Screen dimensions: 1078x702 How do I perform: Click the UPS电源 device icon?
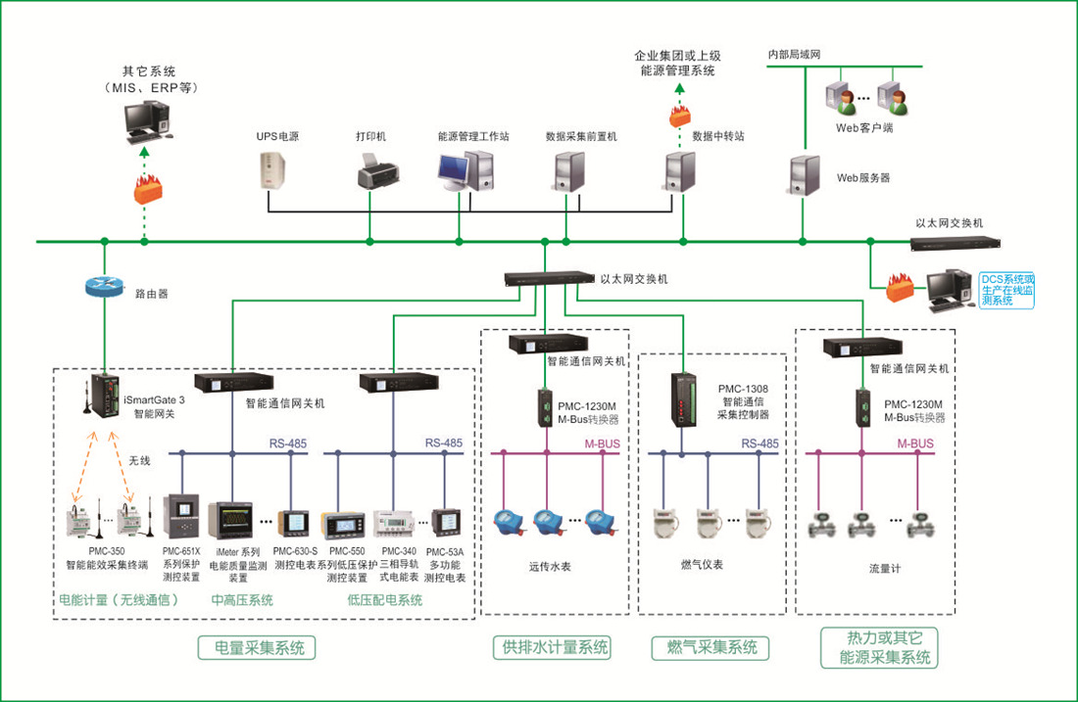(272, 170)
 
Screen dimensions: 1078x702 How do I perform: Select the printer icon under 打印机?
(377, 171)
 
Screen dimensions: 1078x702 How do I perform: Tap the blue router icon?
(105, 287)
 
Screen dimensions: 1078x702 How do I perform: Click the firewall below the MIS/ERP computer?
(148, 189)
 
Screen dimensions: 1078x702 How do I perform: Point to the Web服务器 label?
(862, 178)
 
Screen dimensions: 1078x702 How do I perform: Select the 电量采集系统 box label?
(257, 648)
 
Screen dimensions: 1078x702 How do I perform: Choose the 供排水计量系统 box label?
(552, 648)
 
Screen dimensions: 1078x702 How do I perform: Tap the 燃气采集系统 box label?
(710, 648)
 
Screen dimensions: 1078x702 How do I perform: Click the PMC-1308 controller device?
(683, 399)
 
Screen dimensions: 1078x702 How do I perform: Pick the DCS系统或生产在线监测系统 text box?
(1006, 290)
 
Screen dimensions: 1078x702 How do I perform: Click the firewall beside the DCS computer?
(900, 288)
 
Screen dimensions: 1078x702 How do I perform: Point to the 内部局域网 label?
(794, 54)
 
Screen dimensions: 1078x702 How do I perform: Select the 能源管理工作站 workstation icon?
(465, 171)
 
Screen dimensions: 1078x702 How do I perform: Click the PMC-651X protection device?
(181, 516)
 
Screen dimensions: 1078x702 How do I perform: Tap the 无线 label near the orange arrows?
(139, 460)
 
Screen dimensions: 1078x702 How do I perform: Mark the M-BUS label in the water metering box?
(603, 444)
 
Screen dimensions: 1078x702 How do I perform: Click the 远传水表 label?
(550, 567)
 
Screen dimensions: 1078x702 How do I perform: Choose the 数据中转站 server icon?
(680, 171)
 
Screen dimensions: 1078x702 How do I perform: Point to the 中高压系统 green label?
(242, 599)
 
